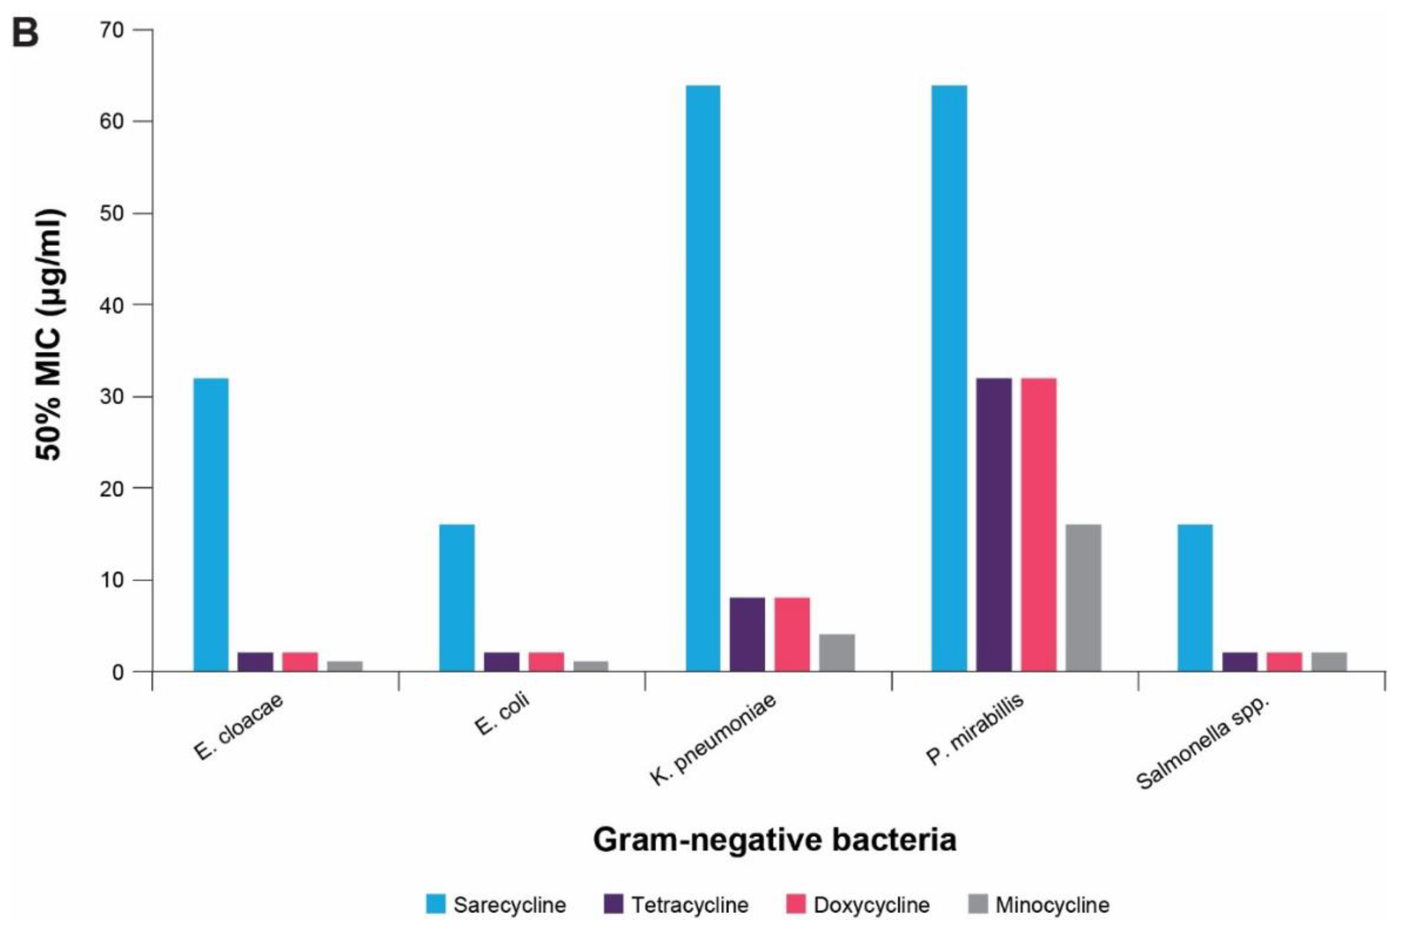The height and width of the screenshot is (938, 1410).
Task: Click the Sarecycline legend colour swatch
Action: (436, 904)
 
